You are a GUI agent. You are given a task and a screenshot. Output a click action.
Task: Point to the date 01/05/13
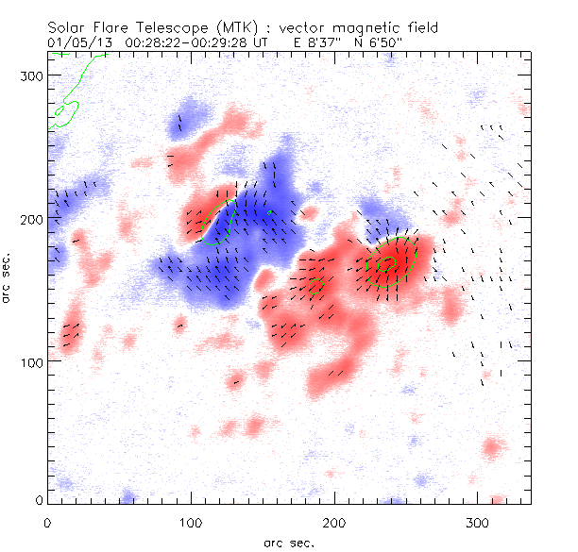point(72,42)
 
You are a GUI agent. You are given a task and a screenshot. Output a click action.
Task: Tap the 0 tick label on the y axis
point(39,499)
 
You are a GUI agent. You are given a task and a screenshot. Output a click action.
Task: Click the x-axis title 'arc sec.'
point(289,542)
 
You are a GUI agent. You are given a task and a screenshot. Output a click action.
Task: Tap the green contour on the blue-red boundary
point(219,223)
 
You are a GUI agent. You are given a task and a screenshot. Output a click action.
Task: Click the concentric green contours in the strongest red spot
point(386,268)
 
